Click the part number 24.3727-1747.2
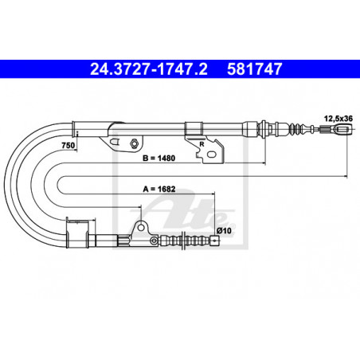(x=149, y=69)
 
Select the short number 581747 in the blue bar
(x=254, y=69)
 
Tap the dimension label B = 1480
(x=158, y=158)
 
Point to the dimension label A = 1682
(x=159, y=189)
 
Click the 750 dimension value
(x=68, y=146)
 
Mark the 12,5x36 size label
(x=338, y=119)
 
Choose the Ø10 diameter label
(x=224, y=230)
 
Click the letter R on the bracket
(x=202, y=144)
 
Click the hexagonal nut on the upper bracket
(x=133, y=143)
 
